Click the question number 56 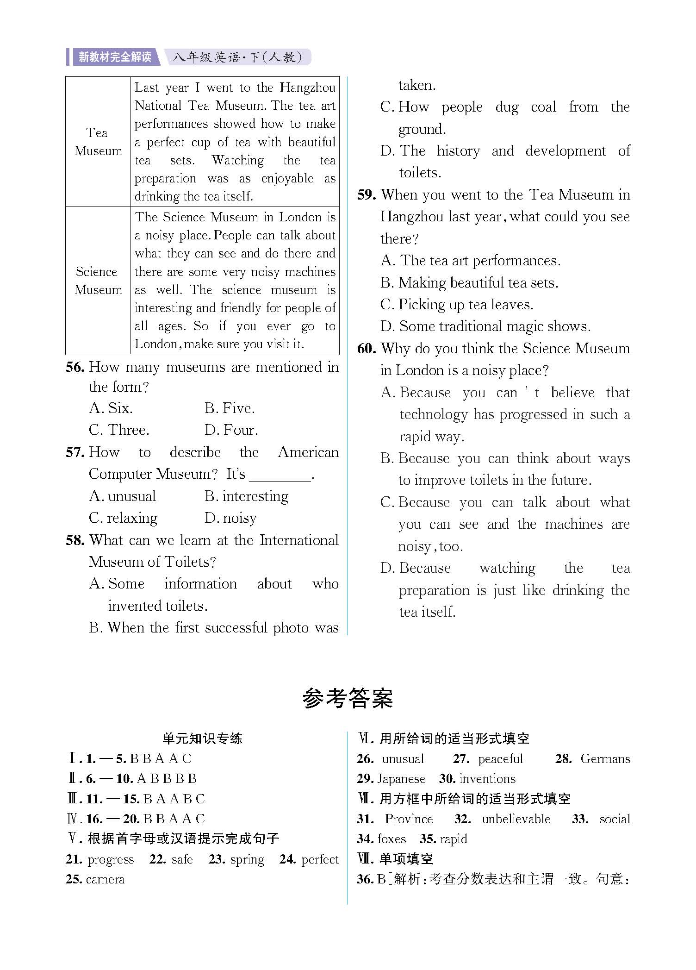point(75,368)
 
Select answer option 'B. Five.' point(230,408)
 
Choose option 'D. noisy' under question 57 point(230,518)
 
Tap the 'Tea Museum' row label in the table point(98,142)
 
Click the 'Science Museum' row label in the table point(98,281)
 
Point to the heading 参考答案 point(348,699)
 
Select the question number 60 point(367,349)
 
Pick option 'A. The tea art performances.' point(470,261)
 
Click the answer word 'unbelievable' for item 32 point(516,819)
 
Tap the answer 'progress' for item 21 point(111,859)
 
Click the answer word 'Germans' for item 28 point(605,759)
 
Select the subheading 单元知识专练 point(203,738)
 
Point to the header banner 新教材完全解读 point(115,57)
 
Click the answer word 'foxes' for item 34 point(392,839)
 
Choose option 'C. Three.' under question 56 point(119,430)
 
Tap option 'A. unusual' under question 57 point(122,496)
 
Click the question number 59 point(367,195)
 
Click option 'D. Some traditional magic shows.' point(485,326)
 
